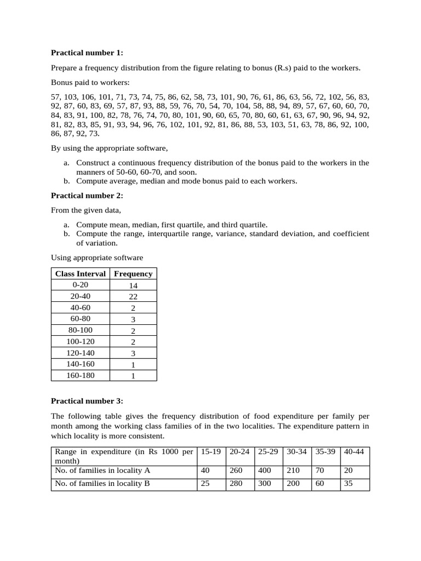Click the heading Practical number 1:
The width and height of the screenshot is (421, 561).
click(87, 53)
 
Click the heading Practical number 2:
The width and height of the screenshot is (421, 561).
click(87, 196)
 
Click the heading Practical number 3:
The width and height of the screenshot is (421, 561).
click(87, 400)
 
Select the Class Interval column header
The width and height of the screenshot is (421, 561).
click(80, 273)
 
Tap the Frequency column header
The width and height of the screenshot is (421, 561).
click(133, 273)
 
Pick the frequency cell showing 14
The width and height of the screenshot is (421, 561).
click(133, 285)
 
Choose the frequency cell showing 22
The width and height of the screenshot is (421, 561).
click(133, 296)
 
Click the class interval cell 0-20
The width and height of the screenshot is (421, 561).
click(80, 285)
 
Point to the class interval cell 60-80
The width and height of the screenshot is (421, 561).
click(80, 319)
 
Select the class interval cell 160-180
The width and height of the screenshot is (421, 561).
click(80, 375)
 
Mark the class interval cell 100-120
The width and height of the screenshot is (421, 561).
click(80, 341)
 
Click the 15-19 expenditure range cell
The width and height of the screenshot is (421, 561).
click(211, 452)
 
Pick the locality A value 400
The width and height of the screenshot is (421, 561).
click(265, 470)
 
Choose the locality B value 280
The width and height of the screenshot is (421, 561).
click(236, 484)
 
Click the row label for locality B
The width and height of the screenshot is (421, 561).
click(103, 484)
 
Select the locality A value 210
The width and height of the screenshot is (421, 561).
click(293, 470)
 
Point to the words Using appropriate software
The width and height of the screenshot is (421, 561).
click(97, 257)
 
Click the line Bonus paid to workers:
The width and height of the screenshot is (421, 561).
click(90, 82)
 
